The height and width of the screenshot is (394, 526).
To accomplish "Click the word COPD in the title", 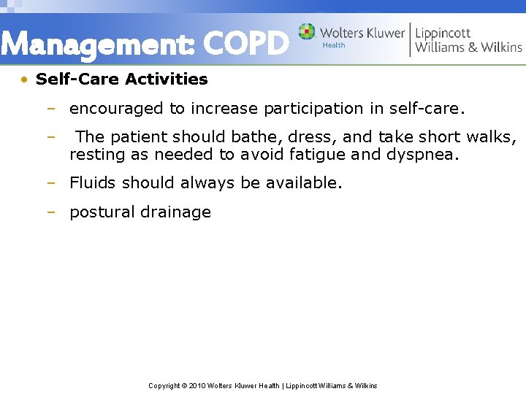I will (245, 45).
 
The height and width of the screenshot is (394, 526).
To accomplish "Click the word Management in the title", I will (98, 45).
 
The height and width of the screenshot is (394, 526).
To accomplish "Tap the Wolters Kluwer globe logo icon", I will (307, 32).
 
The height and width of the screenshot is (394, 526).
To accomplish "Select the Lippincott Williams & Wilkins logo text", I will (468, 39).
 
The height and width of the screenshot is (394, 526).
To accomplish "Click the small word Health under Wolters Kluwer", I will (334, 45).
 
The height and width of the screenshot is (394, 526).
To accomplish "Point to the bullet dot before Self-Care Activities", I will (25, 79).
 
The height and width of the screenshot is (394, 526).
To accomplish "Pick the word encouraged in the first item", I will (116, 109).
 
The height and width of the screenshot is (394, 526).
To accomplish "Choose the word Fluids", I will (93, 182).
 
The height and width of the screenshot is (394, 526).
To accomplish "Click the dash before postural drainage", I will (50, 212).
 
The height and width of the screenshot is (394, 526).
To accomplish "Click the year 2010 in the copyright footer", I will (197, 385).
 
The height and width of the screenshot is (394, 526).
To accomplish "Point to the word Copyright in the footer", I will (164, 385).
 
